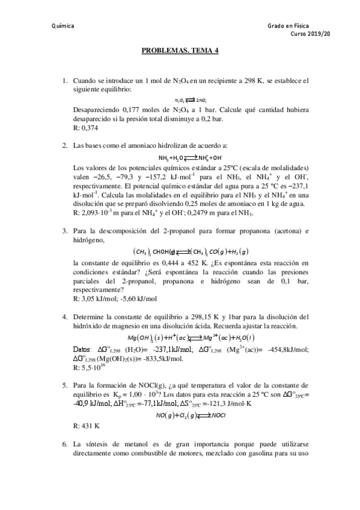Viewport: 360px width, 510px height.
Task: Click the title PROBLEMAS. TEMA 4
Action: coord(180,52)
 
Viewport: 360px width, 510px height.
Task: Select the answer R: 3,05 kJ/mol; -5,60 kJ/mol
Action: coord(114,299)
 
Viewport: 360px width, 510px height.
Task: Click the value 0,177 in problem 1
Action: coord(132,110)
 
